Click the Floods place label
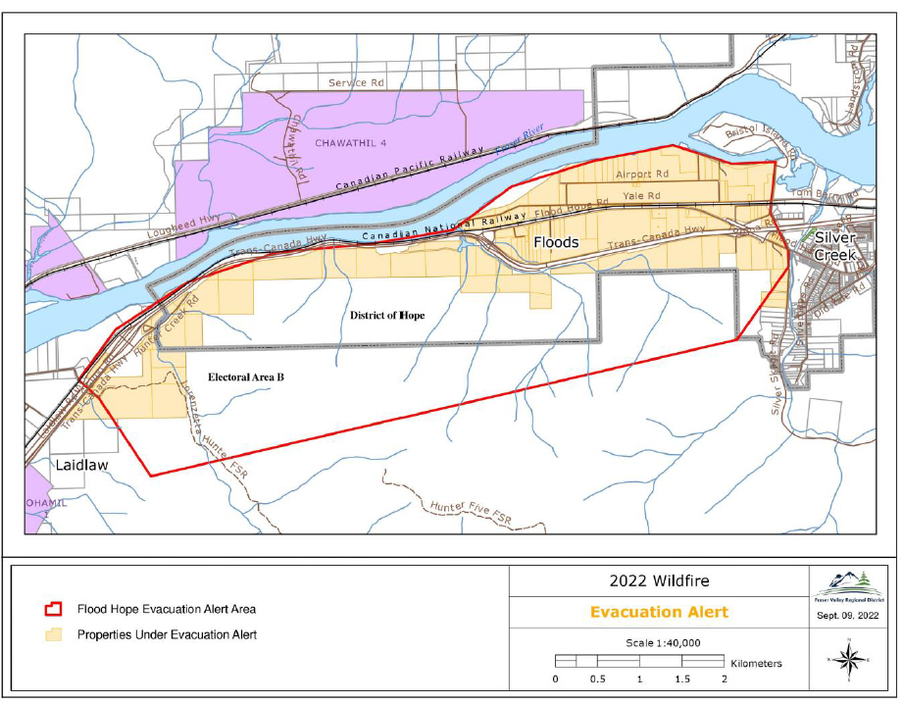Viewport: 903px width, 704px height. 556,241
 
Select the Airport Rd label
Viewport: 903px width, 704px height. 641,174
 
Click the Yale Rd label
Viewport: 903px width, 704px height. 641,196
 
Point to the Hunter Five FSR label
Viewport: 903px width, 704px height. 472,508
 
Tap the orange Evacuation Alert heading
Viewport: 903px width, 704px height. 659,612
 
